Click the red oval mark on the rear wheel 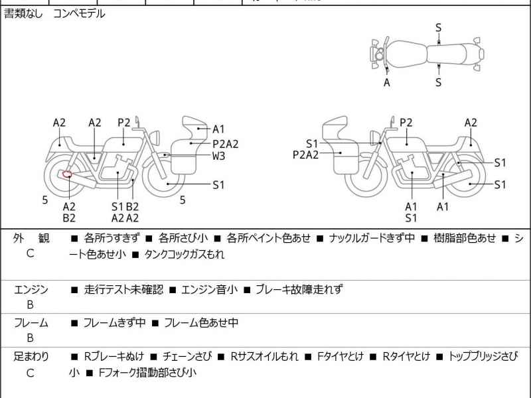[67, 175]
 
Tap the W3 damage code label [219, 157]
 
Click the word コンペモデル [79, 13]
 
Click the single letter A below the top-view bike [387, 83]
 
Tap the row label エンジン [31, 290]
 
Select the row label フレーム [31, 323]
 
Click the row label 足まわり [31, 356]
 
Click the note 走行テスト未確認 [123, 290]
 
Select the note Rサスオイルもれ [264, 356]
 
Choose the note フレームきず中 [114, 323]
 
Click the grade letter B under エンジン [31, 305]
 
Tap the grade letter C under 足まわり [31, 373]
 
